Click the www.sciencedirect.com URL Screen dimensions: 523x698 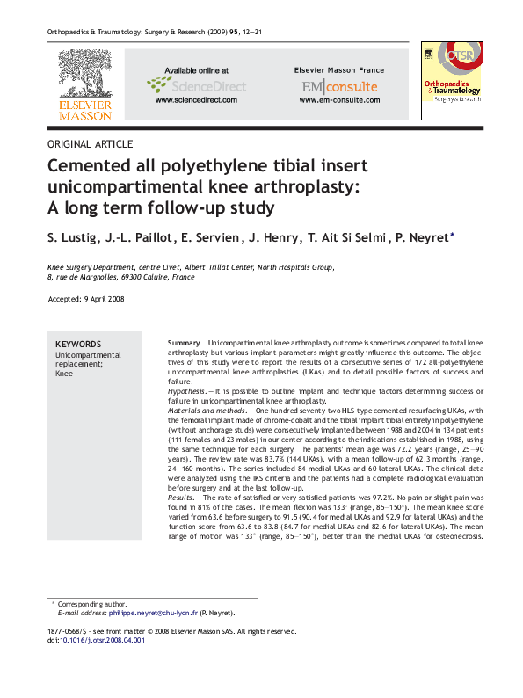point(196,101)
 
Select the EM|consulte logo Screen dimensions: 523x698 point(339,86)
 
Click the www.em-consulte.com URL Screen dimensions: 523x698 point(338,101)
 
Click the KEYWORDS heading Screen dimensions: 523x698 point(78,345)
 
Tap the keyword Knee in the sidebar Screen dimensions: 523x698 point(65,373)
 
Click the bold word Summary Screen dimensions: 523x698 point(184,341)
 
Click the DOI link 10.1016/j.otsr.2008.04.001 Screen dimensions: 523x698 point(102,641)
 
